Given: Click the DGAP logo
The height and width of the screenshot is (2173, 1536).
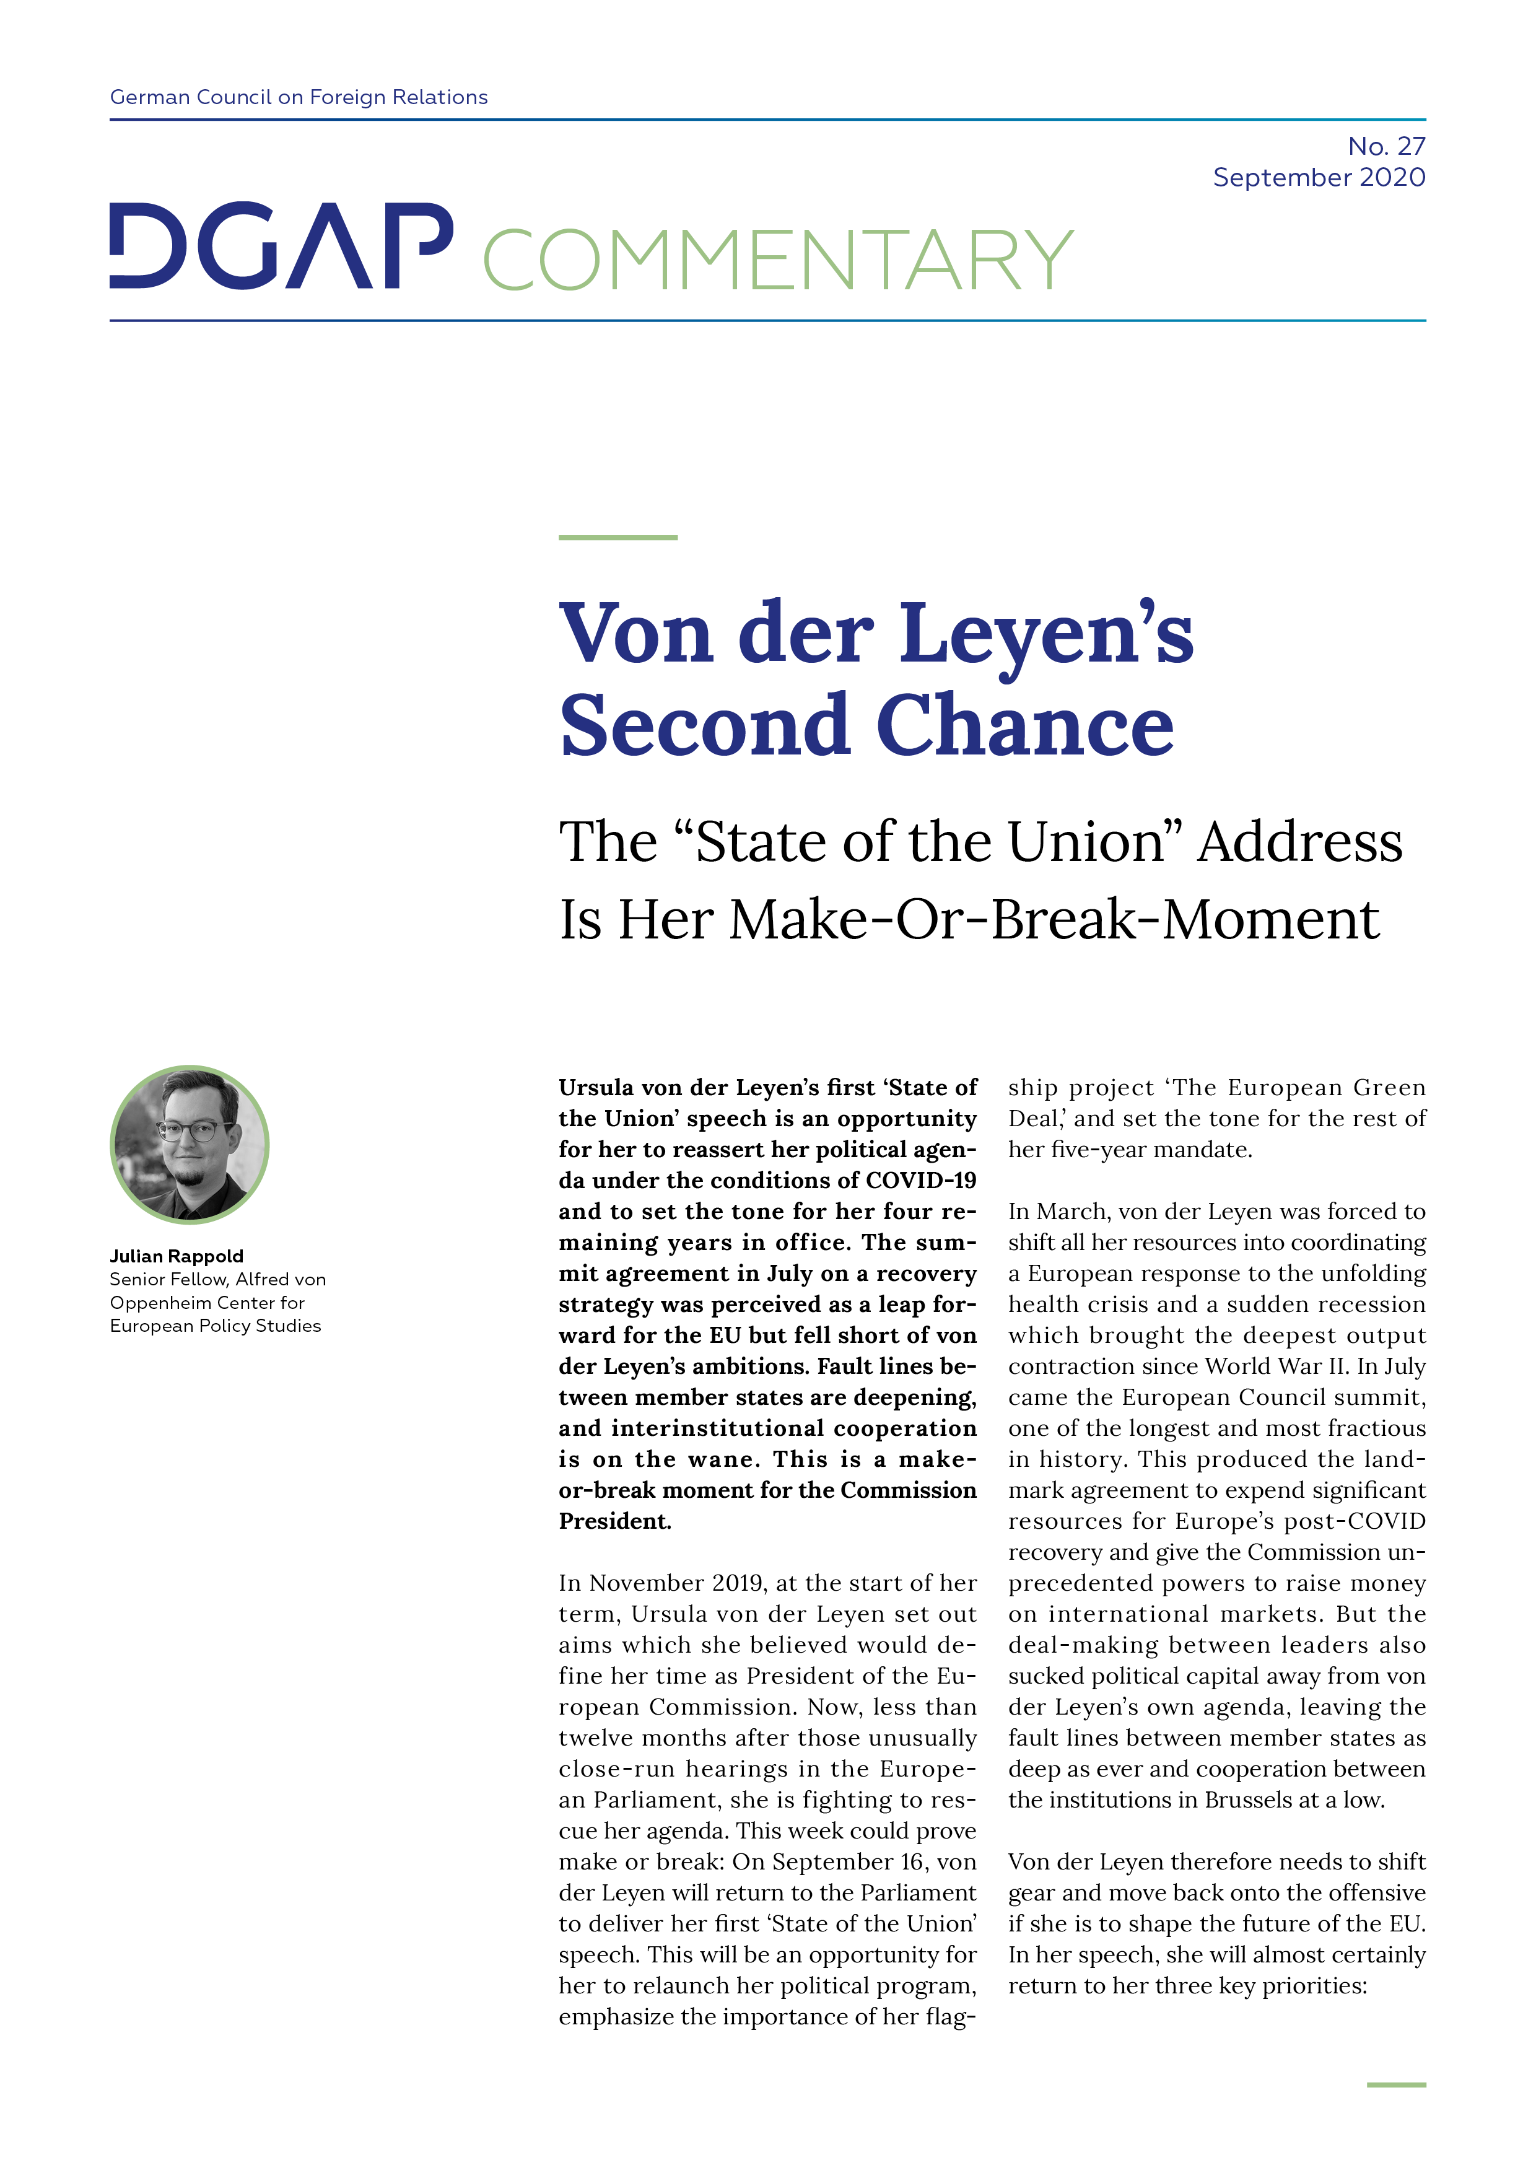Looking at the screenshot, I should point(281,245).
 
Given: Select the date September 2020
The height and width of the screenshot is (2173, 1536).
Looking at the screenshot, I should point(1319,177).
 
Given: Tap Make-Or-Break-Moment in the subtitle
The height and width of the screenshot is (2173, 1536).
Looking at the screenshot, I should point(1054,919).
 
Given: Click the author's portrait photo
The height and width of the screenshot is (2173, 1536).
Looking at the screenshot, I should point(190,1144).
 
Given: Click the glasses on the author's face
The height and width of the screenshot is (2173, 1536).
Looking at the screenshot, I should point(192,1130).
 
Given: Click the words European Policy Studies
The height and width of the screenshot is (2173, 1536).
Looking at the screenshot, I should point(215,1325).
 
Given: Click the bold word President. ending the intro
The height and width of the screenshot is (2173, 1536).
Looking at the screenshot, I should point(614,1521).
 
